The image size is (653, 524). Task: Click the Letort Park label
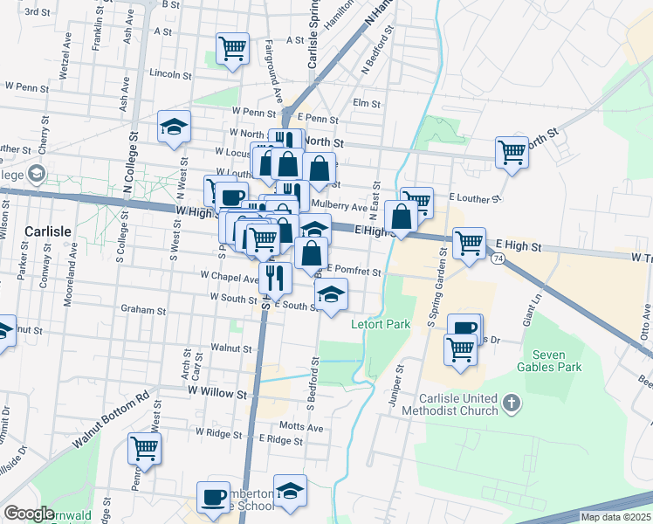pos(381,325)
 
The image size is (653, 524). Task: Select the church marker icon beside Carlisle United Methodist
pos(513,404)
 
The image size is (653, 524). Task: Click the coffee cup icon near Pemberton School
pos(212,497)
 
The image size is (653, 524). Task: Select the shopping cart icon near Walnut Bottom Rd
pos(144,449)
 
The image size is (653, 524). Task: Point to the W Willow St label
pos(217,394)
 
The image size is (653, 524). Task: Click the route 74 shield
pos(497,259)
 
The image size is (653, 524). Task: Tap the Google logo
pos(29,514)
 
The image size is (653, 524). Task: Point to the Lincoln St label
pos(169,74)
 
